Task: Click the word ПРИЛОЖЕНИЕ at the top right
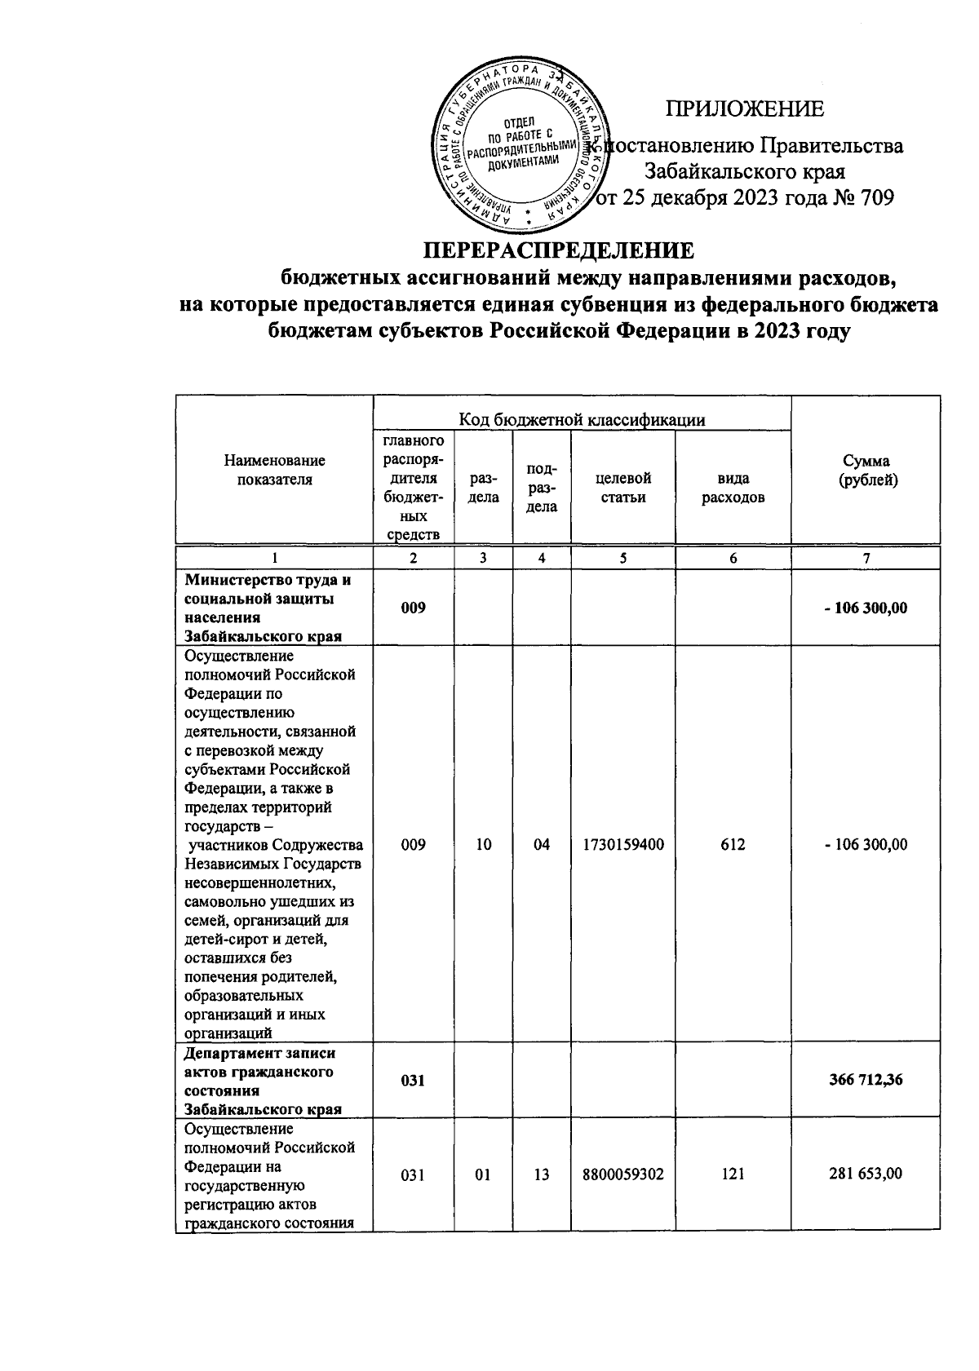coord(744,109)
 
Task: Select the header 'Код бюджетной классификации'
coord(581,419)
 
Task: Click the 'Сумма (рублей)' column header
coord(868,471)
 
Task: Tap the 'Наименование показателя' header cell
coord(274,471)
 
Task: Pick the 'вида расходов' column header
coord(733,487)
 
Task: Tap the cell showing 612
coord(733,845)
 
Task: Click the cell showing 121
coord(733,1174)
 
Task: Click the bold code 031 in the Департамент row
coord(413,1080)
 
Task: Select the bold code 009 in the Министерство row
coord(413,608)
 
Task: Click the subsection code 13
coord(542,1174)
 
